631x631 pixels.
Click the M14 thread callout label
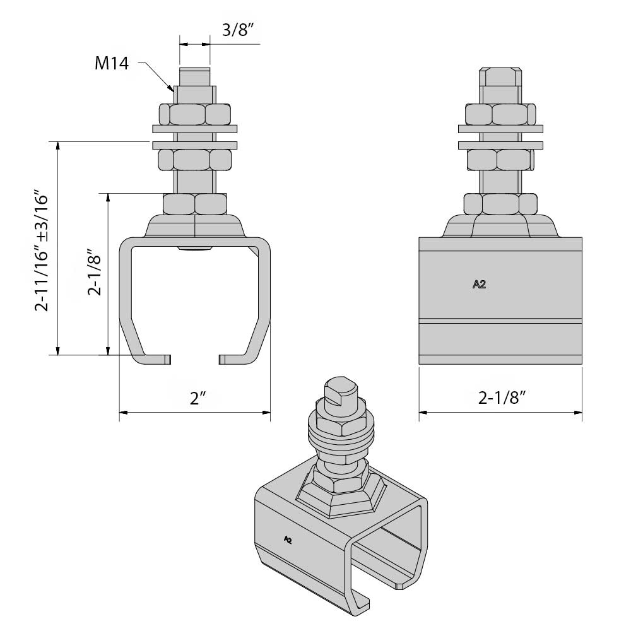click(112, 64)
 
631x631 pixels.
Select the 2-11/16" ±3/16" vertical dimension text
click(42, 251)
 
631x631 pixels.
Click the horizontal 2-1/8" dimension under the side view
click(502, 398)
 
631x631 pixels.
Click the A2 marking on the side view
click(479, 285)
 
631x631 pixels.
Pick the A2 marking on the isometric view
click(288, 539)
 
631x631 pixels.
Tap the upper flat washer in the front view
click(195, 129)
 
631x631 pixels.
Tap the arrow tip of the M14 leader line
click(172, 90)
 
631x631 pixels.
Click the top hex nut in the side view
click(500, 114)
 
